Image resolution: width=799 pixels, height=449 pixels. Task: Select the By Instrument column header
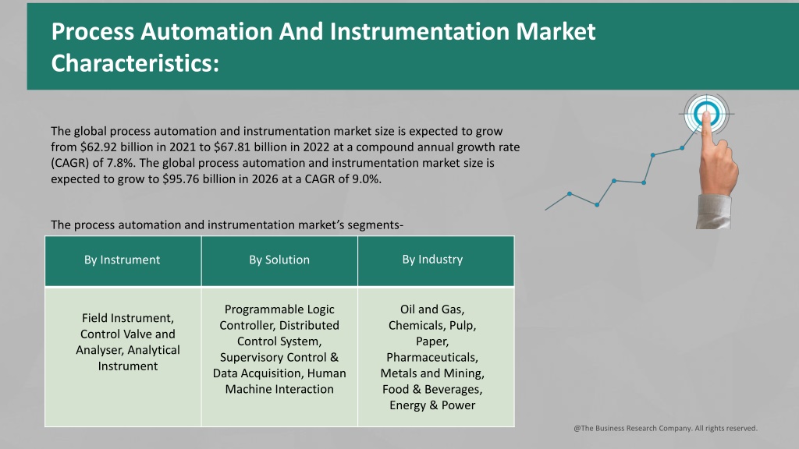tap(123, 260)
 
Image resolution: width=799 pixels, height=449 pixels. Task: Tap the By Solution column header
tap(279, 260)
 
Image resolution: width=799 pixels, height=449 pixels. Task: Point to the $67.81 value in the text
tap(232, 147)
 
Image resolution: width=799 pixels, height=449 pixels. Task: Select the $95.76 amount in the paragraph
tap(181, 179)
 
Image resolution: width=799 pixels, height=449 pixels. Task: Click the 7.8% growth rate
tap(120, 164)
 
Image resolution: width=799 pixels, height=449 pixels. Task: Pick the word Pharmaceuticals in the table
tap(432, 357)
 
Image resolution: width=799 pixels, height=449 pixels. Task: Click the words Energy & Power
tap(432, 405)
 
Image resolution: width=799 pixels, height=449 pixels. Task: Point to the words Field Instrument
tap(128, 318)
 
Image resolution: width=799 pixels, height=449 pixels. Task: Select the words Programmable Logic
tap(279, 309)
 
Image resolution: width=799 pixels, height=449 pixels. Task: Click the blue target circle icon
tap(705, 113)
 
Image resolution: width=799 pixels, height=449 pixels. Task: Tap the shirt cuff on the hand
tap(713, 212)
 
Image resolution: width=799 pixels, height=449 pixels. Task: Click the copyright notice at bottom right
tap(666, 428)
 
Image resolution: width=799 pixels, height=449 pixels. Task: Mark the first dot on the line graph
tap(570, 194)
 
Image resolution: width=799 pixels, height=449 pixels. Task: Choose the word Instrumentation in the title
tap(419, 31)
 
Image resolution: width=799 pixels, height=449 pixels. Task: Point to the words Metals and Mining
tap(432, 373)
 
